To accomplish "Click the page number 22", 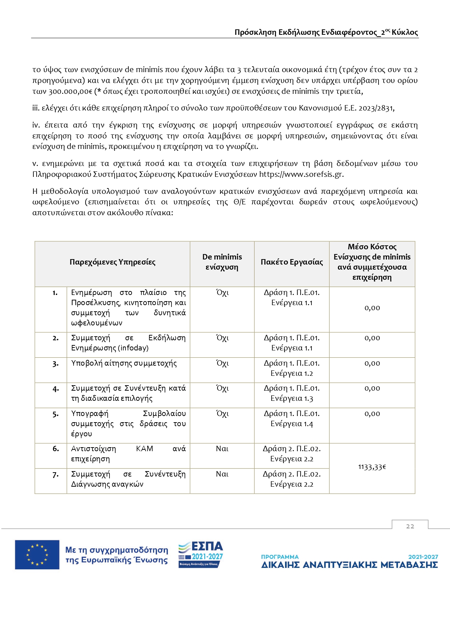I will tap(410, 526).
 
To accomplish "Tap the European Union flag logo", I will tap(37, 554).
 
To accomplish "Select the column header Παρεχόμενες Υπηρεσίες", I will tap(112, 262).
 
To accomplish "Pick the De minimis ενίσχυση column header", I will tap(222, 262).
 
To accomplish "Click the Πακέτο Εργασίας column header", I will tap(292, 262).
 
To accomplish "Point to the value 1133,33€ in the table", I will tap(372, 467).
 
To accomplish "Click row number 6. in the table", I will tap(55, 449).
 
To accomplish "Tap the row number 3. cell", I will tap(55, 363).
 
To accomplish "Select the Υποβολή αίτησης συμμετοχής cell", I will tap(124, 363).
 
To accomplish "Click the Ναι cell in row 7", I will tap(222, 474).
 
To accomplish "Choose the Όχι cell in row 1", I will tap(222, 293).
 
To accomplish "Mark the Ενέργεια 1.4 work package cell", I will tap(292, 424).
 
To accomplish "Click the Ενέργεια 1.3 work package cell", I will tap(292, 398).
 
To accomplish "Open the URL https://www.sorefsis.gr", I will tap(301, 174).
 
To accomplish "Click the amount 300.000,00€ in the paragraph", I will tap(70, 91).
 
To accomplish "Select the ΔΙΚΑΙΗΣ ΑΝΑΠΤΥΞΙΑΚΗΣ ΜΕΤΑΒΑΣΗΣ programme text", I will tap(349, 565).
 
